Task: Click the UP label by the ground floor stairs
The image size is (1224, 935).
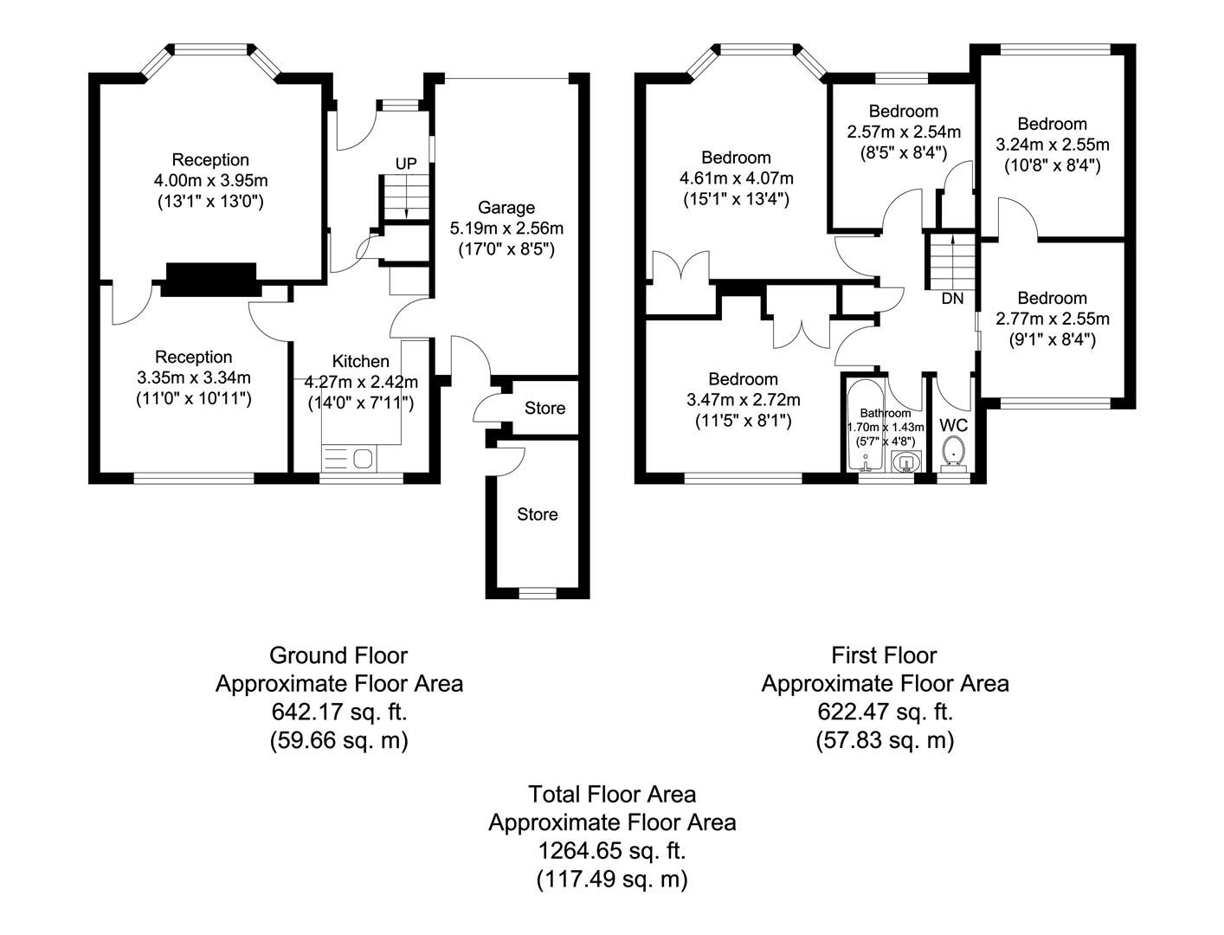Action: [x=406, y=164]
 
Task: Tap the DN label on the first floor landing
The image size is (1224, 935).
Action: [x=952, y=300]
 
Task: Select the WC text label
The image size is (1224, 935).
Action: [x=953, y=426]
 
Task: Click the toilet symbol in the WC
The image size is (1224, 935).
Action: [x=953, y=450]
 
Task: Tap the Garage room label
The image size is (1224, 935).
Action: [x=506, y=208]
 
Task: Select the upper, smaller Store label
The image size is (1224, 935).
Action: [x=544, y=408]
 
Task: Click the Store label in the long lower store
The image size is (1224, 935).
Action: [x=537, y=514]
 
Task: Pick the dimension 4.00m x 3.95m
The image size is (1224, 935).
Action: [x=210, y=181]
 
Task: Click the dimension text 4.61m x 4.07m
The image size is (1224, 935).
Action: [x=736, y=178]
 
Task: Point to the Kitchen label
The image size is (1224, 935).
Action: [x=360, y=361]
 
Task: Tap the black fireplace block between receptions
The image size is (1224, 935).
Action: [x=210, y=280]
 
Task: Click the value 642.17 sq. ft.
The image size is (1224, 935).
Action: [x=338, y=712]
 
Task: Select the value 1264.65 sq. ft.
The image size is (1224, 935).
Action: [x=612, y=850]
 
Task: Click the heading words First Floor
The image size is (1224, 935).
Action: [x=884, y=654]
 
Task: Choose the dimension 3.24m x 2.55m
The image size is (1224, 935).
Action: [x=1052, y=145]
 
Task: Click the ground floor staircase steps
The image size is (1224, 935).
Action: [x=405, y=197]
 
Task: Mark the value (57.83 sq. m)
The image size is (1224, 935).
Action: [x=884, y=740]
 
